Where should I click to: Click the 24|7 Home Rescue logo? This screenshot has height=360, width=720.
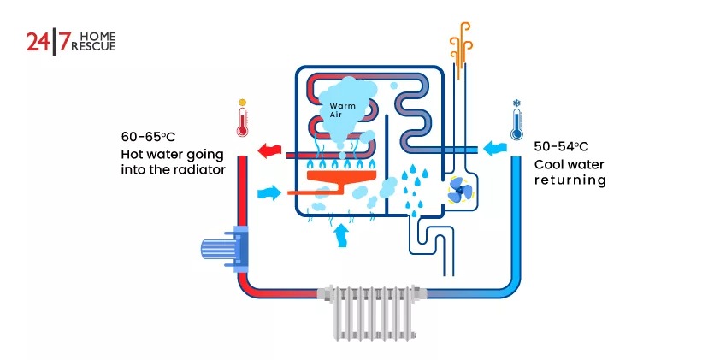(70, 41)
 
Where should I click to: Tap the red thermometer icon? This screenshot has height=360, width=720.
(242, 121)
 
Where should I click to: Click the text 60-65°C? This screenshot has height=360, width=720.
(150, 136)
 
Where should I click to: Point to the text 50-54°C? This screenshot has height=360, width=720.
(562, 146)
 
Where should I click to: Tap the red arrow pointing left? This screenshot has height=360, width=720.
(270, 151)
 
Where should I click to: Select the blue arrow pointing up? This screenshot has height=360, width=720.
(342, 233)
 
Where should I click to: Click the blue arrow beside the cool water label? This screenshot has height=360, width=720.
(493, 150)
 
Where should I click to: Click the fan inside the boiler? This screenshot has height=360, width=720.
(458, 192)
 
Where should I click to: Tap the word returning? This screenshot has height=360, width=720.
(570, 180)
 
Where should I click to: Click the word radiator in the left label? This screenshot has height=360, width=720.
(199, 169)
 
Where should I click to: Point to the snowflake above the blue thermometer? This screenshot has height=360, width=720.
(516, 103)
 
